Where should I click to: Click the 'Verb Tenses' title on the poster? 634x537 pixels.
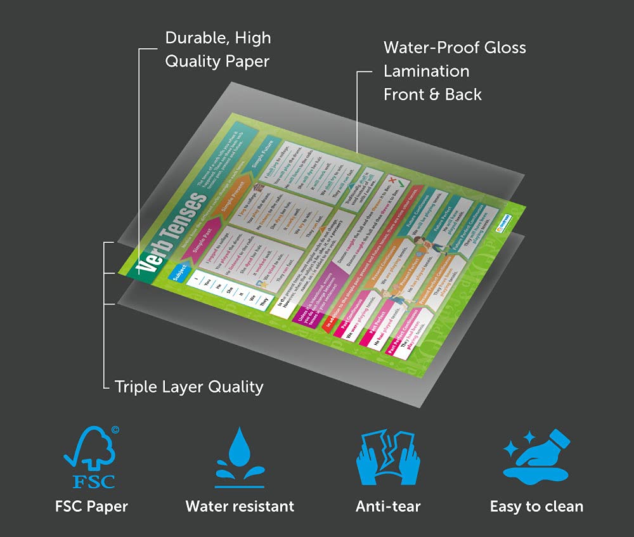coord(171,235)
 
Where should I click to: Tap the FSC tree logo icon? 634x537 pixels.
coord(89,456)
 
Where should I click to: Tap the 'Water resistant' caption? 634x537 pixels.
coord(240,506)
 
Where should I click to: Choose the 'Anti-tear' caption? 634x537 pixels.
coord(388,506)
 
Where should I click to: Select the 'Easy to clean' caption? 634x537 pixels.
coord(536,506)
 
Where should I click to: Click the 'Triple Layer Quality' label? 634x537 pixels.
coord(188,386)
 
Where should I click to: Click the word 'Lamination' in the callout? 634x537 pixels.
coord(426,71)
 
